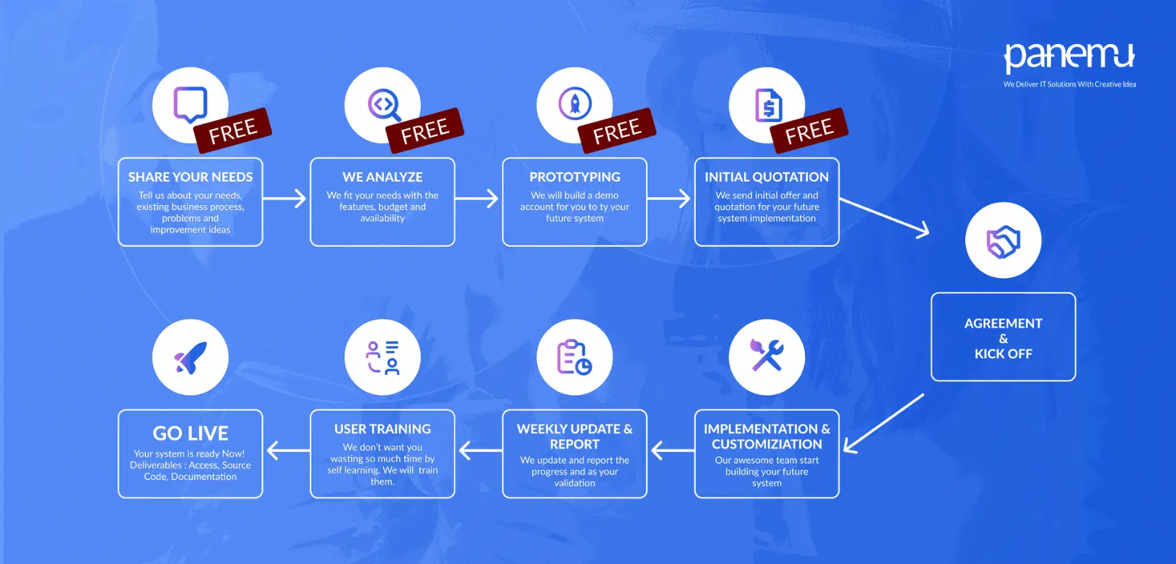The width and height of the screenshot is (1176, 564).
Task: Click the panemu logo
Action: click(x=1068, y=57)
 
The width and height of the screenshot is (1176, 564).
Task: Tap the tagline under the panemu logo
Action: click(x=1069, y=84)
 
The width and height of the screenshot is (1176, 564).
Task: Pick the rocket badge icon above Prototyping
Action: click(x=575, y=104)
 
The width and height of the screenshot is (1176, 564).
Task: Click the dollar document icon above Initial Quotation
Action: click(x=767, y=105)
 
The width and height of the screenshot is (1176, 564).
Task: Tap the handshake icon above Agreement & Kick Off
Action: click(x=1003, y=241)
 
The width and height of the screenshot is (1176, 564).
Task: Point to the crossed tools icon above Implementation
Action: click(x=767, y=356)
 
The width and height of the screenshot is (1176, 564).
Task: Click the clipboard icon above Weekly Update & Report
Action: click(x=574, y=357)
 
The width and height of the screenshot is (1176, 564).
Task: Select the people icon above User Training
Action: click(x=383, y=357)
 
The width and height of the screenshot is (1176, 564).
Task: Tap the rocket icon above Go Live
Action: click(x=190, y=357)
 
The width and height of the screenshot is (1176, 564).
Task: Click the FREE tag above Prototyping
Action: click(x=617, y=130)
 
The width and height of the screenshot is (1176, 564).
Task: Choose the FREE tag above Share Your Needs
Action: click(x=232, y=131)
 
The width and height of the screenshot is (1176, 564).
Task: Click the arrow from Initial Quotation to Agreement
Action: click(x=885, y=217)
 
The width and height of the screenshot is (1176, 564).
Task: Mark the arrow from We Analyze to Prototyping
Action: click(x=478, y=198)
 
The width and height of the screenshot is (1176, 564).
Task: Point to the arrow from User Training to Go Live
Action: click(x=287, y=451)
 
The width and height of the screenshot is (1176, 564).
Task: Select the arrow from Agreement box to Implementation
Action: click(x=884, y=424)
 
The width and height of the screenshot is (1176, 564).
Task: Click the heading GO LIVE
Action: click(x=191, y=433)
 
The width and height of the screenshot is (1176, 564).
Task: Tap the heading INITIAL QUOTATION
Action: click(x=767, y=177)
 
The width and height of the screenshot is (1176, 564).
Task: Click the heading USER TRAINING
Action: click(x=383, y=429)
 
